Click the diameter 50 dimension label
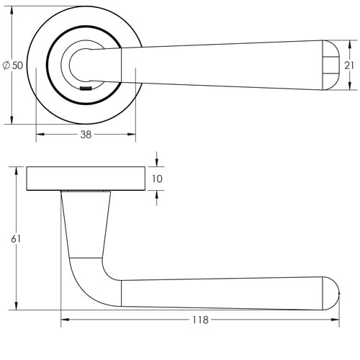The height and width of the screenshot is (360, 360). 14,65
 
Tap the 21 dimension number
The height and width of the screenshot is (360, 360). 348,66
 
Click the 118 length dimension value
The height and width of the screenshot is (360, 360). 200,320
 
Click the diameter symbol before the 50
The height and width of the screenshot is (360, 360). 6,65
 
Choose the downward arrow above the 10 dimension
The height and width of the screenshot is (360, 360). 157,163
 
